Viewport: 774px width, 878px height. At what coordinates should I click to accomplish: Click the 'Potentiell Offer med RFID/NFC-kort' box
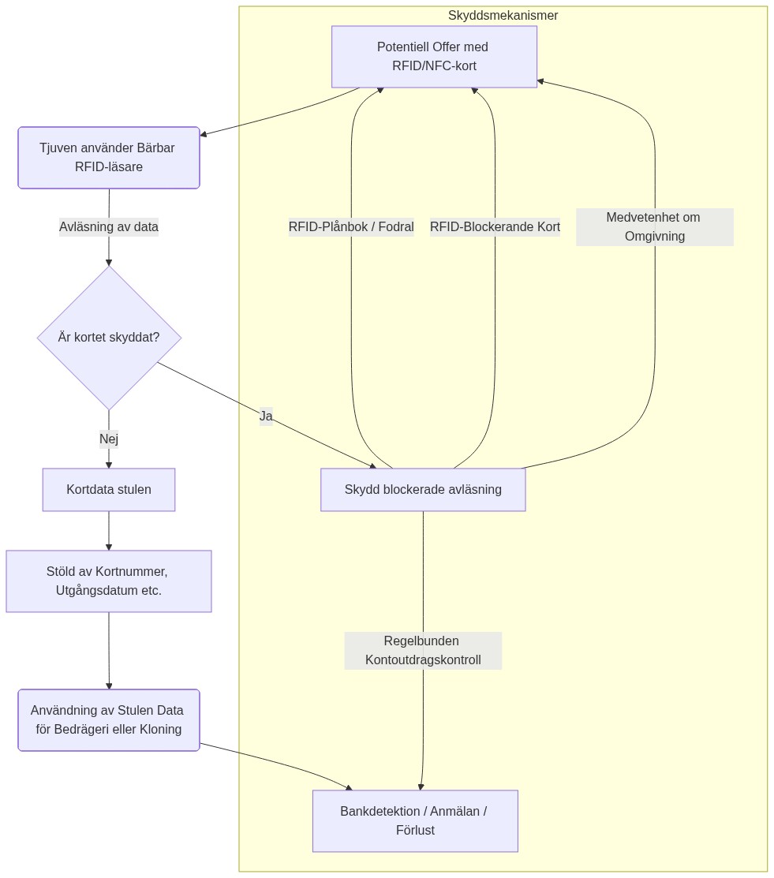point(434,57)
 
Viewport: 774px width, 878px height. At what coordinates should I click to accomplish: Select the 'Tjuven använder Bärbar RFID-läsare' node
point(109,158)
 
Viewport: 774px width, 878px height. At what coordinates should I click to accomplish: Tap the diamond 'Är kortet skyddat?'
point(109,338)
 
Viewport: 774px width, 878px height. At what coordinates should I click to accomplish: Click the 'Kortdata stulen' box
point(109,490)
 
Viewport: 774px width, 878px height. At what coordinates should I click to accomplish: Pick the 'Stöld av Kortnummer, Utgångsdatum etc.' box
point(109,581)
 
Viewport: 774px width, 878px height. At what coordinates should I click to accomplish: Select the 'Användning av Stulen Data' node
point(109,720)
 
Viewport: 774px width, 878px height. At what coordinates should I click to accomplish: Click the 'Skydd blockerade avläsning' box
point(423,490)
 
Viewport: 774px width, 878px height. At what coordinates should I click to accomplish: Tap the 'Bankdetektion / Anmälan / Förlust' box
point(415,821)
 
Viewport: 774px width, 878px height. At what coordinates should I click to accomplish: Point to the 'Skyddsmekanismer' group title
point(503,16)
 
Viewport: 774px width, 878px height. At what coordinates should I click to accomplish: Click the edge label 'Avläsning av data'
point(109,227)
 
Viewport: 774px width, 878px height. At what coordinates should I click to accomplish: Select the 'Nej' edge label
point(109,439)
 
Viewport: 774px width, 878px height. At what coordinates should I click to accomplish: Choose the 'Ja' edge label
point(266,416)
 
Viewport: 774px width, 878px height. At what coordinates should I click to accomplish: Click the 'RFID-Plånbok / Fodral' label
point(351,227)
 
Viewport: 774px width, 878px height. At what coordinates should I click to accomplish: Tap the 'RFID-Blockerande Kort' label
point(495,227)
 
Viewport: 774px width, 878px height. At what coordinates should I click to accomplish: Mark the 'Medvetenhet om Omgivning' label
point(654,227)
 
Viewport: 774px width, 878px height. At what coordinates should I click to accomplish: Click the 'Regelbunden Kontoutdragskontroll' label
point(423,651)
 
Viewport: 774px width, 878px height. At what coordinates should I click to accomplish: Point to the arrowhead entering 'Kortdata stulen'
point(109,465)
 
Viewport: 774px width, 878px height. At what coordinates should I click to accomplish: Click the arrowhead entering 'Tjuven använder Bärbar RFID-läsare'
point(204,135)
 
